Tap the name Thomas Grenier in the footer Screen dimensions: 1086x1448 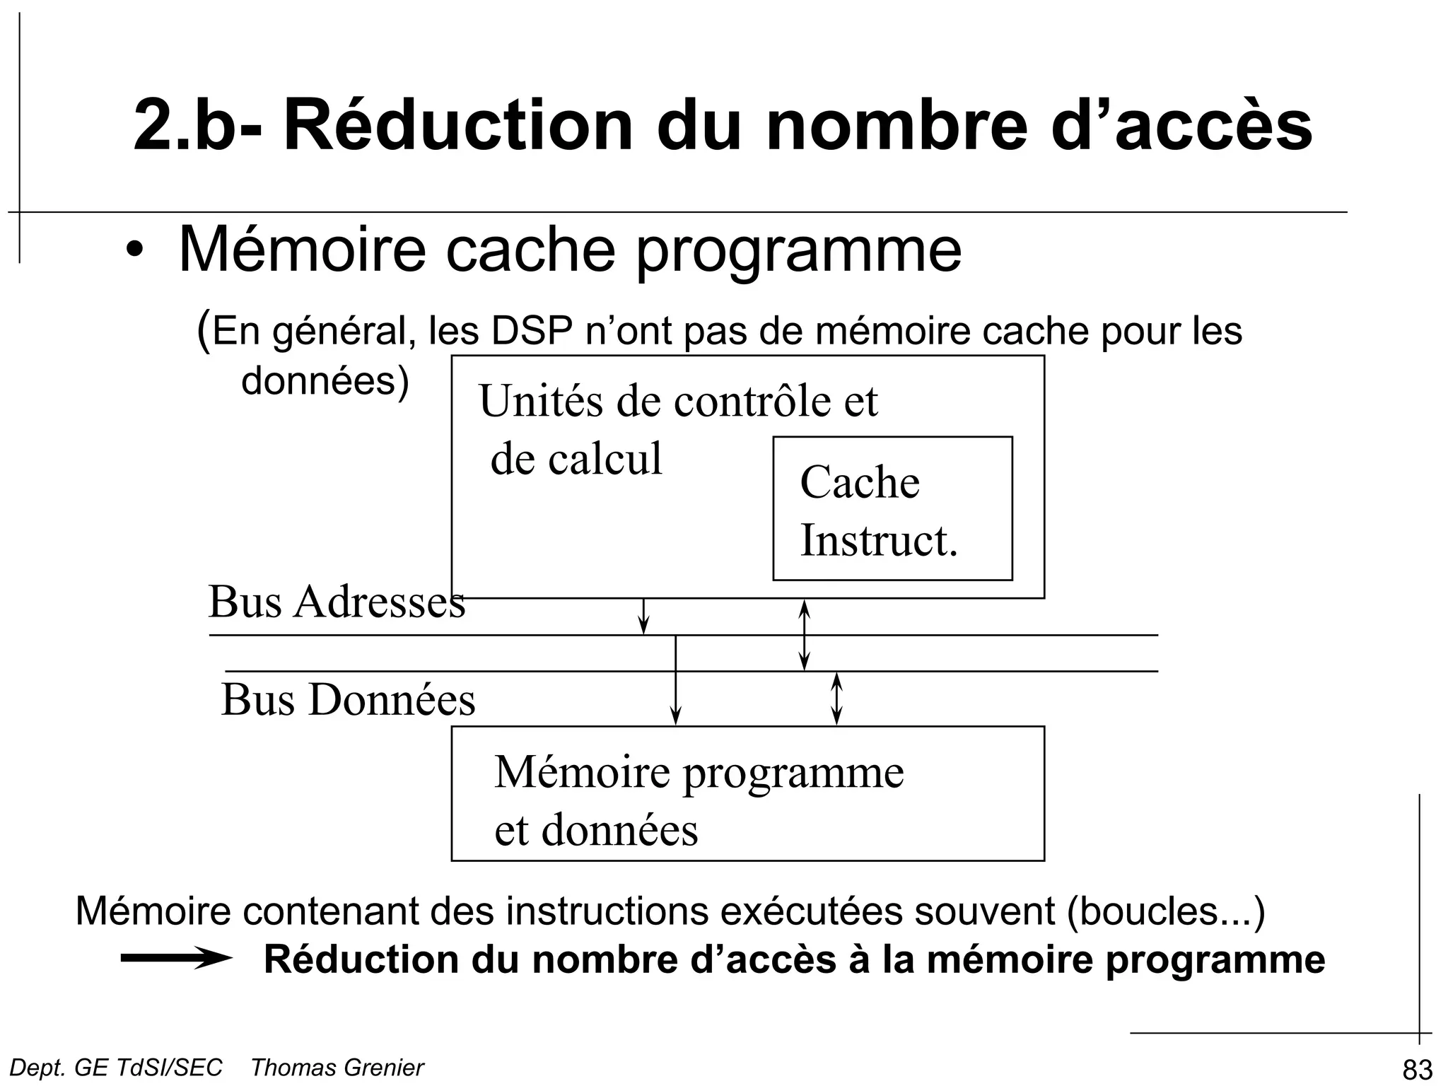(x=337, y=1068)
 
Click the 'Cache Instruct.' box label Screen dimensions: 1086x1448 (x=879, y=510)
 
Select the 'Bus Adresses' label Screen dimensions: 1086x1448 (x=337, y=602)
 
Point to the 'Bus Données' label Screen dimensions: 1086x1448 (x=348, y=700)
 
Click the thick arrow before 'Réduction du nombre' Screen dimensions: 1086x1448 (x=176, y=959)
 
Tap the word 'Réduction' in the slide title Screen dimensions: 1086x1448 (x=457, y=126)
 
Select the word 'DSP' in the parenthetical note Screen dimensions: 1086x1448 (x=532, y=331)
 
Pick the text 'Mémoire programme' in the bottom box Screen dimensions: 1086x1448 (x=699, y=771)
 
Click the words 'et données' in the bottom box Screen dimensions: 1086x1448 (x=595, y=829)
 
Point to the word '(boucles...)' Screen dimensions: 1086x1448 (x=1166, y=911)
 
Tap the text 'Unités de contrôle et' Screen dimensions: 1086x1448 (x=678, y=401)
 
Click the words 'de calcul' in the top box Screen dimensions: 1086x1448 (x=576, y=458)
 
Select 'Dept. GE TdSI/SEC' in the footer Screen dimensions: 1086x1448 (x=116, y=1068)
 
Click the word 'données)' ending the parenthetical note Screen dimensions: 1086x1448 (x=325, y=382)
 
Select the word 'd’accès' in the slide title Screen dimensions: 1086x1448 (x=1181, y=126)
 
